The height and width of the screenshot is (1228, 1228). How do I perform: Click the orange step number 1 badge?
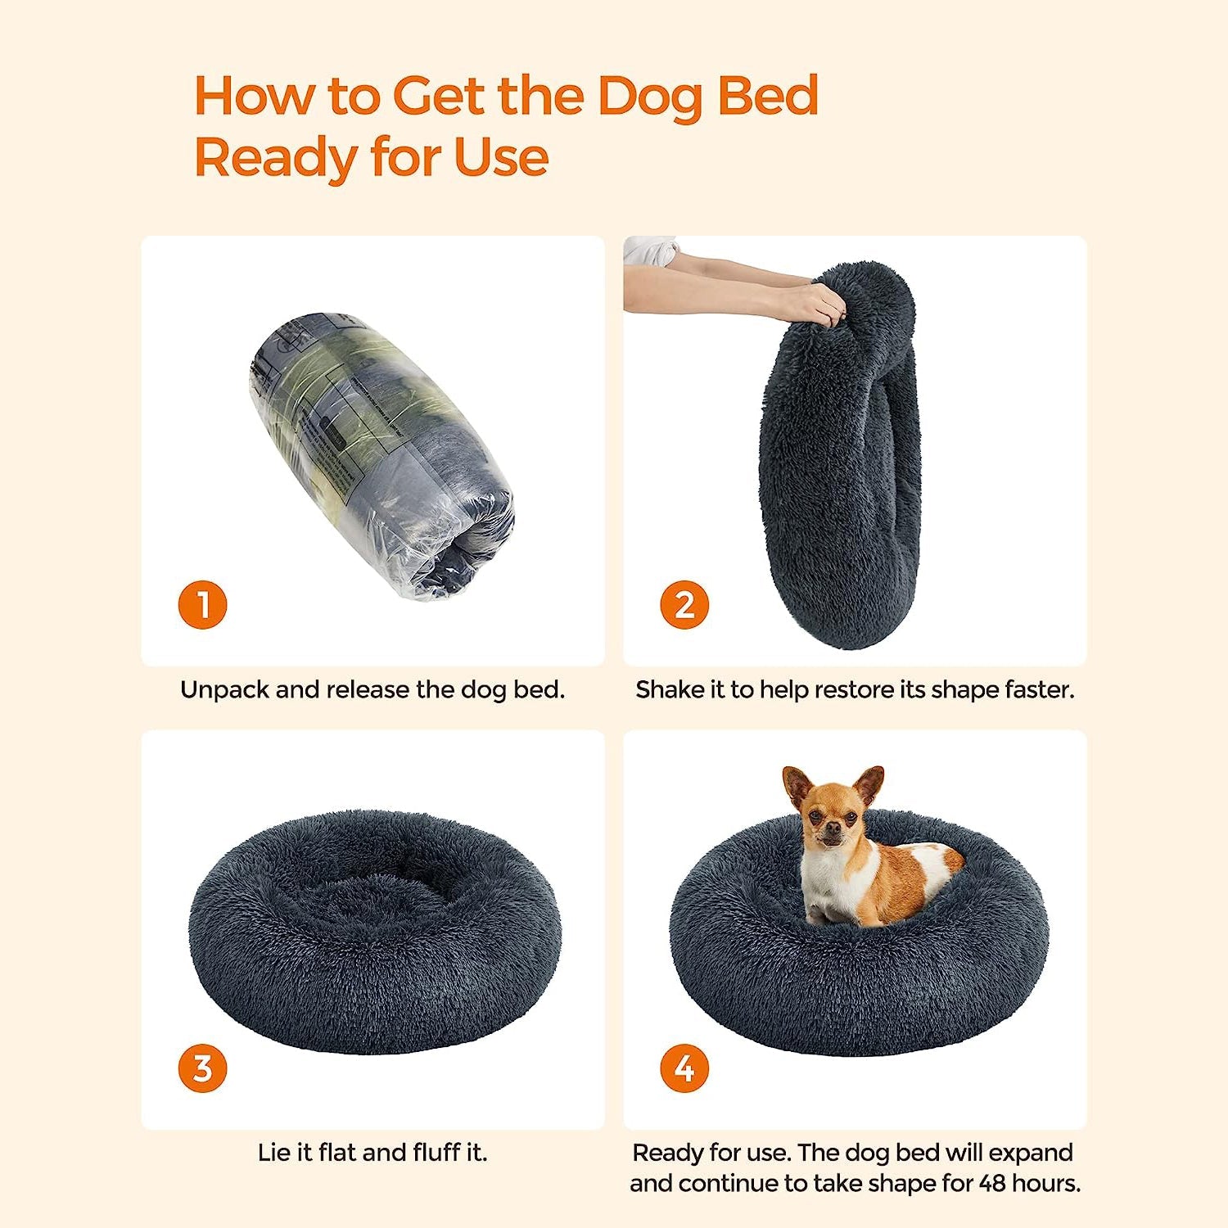(202, 605)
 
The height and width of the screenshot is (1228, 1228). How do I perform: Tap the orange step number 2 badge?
(684, 605)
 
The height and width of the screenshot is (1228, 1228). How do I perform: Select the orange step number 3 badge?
(202, 1068)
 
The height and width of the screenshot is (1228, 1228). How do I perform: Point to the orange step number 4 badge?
(684, 1068)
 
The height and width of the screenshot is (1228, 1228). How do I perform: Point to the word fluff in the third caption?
(436, 1152)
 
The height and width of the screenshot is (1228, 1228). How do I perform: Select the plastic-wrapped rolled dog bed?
(381, 454)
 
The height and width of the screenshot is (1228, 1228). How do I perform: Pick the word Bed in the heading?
(768, 96)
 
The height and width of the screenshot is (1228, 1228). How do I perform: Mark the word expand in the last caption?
(1029, 1154)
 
